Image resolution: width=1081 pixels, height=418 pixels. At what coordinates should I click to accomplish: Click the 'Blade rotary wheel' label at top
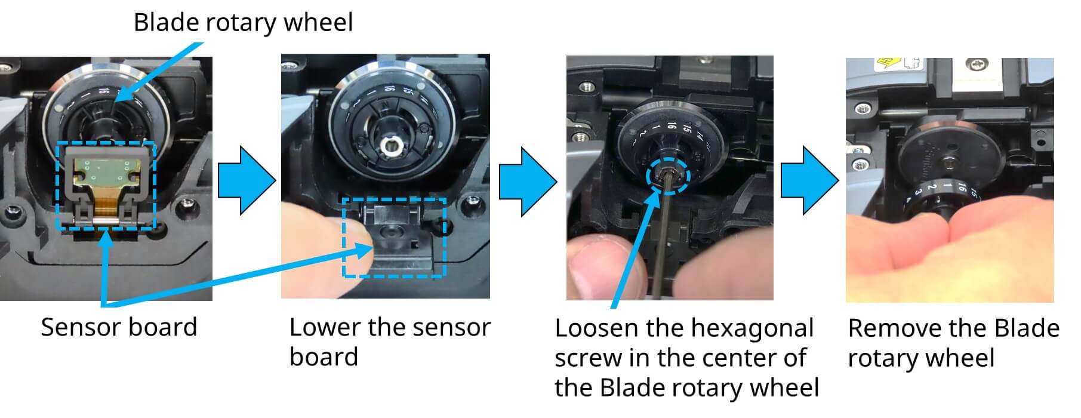(243, 23)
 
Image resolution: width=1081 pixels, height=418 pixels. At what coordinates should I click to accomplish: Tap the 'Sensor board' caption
(119, 327)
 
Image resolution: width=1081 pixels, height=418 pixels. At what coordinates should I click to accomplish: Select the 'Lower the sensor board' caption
(389, 342)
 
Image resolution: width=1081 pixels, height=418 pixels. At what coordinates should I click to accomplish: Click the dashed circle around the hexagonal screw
(668, 176)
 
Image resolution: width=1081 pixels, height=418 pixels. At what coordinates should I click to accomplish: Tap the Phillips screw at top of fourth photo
(980, 64)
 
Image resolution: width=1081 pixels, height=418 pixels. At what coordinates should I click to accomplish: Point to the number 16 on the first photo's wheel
(103, 91)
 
